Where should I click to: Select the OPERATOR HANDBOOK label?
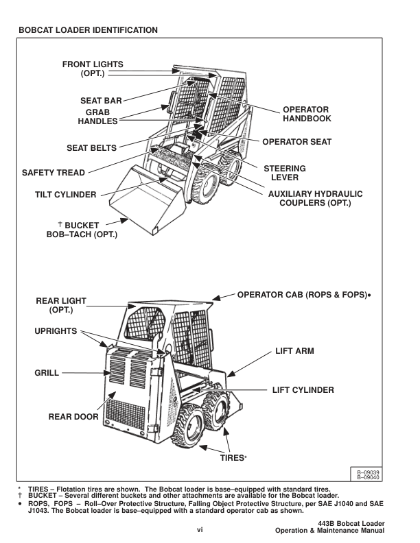[307, 114]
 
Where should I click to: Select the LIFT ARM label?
[294, 350]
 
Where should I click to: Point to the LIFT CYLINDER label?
[301, 390]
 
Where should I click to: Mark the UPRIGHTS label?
[60, 331]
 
